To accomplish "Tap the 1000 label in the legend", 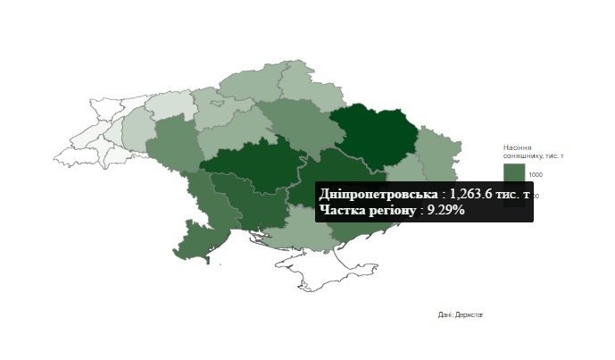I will pyautogui.click(x=536, y=173).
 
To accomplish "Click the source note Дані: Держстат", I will pyautogui.click(x=461, y=314).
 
